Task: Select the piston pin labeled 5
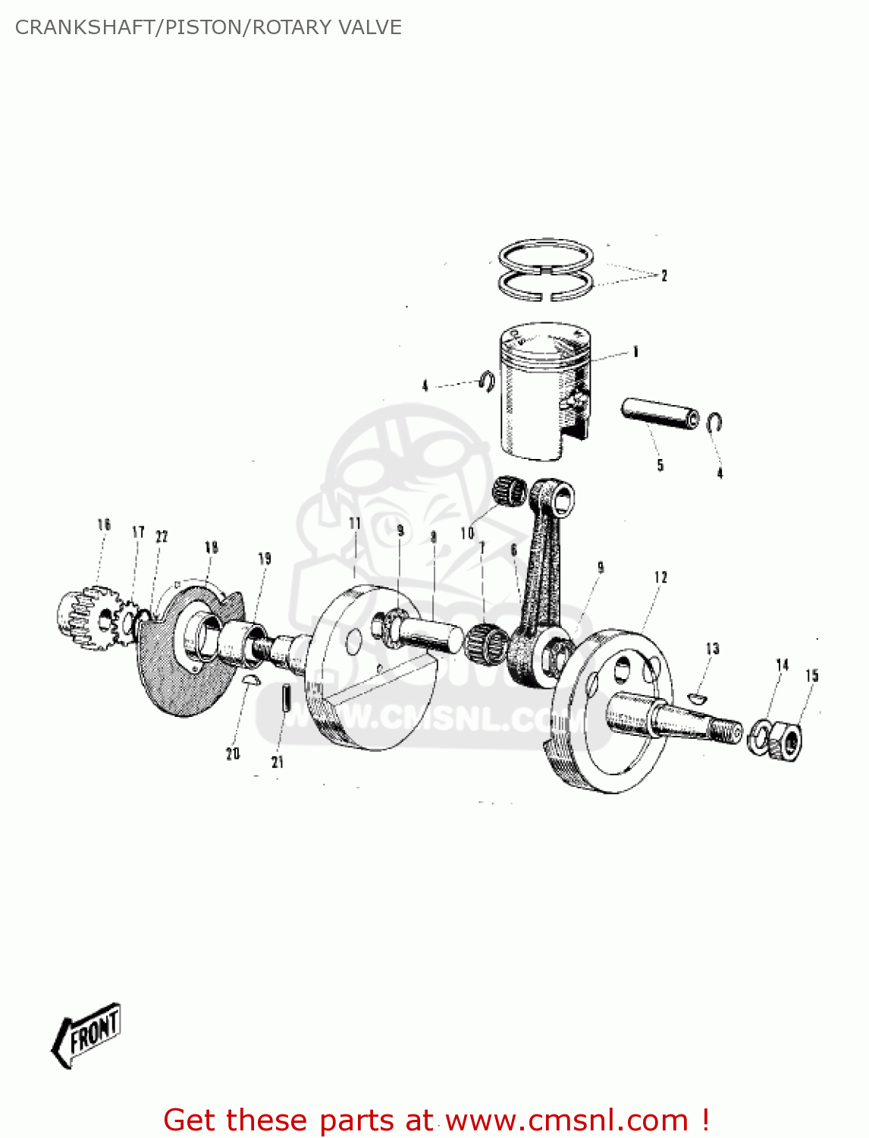coord(660,414)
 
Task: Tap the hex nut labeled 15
coord(787,740)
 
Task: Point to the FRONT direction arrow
coord(87,1035)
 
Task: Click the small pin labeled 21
coord(286,698)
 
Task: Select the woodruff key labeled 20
coord(251,680)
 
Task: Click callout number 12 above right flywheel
coord(660,578)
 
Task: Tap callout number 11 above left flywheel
coord(355,523)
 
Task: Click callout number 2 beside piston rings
coord(664,275)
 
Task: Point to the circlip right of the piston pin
coord(714,423)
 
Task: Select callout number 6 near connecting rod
coord(514,550)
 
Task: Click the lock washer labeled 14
coord(759,737)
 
